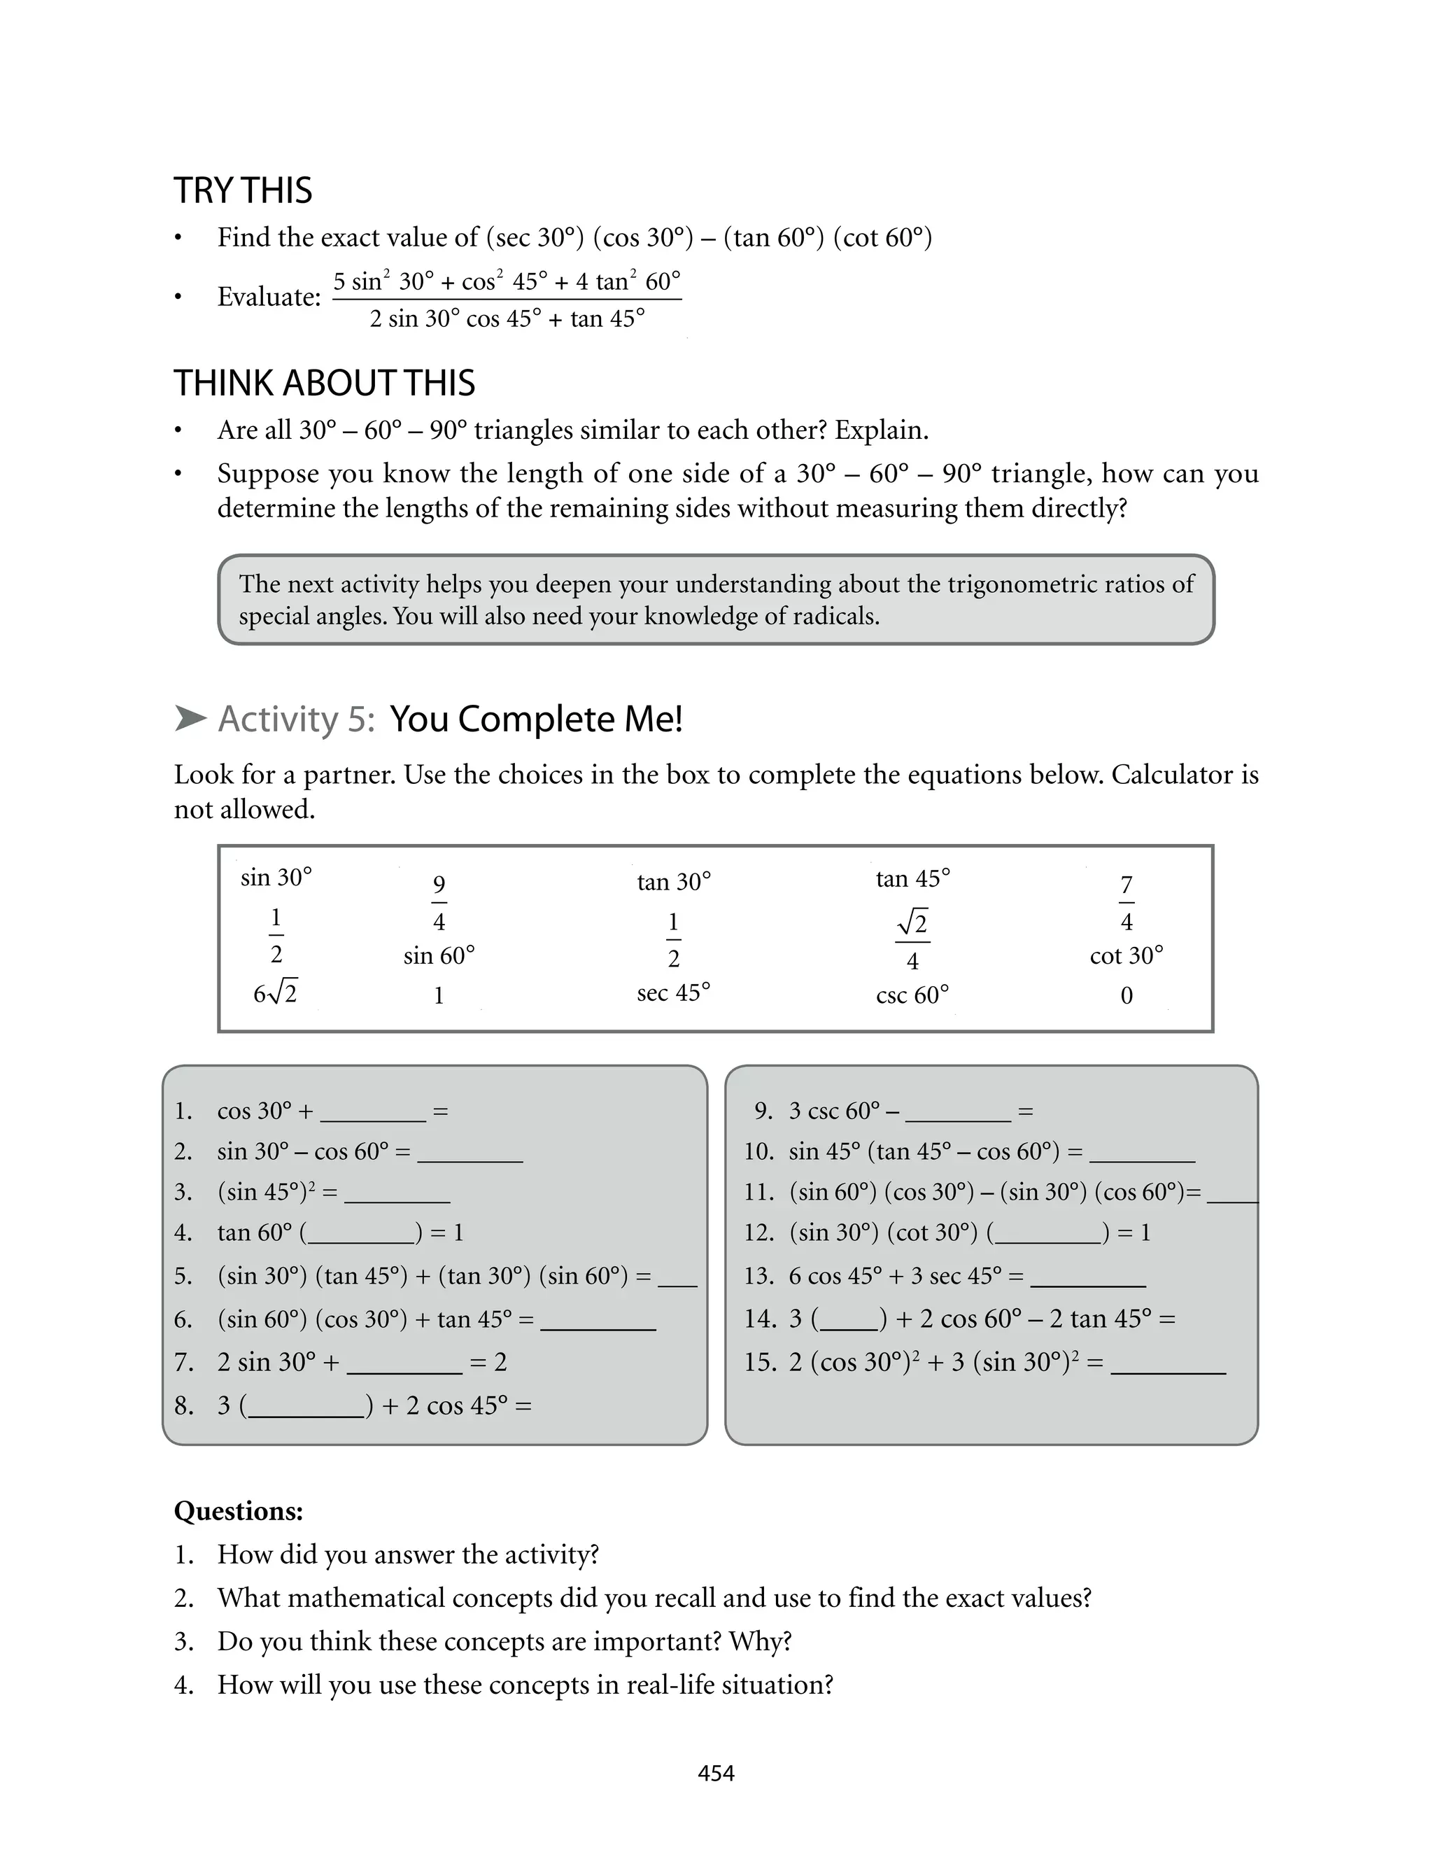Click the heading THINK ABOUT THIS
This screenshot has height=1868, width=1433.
[x=324, y=383]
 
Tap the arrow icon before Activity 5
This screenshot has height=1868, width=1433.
[x=190, y=718]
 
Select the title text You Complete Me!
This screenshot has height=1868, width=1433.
[x=536, y=719]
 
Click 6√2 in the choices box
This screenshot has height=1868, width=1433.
[x=275, y=994]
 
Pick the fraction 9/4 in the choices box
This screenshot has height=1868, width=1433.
[x=439, y=902]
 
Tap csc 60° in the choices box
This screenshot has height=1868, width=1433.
[x=912, y=995]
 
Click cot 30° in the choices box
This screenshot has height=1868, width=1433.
[x=1126, y=955]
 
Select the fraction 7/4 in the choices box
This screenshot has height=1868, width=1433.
[x=1126, y=902]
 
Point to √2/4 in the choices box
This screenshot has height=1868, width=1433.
[x=912, y=941]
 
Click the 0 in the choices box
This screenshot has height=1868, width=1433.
[x=1126, y=995]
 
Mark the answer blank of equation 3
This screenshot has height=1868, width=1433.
[x=397, y=1194]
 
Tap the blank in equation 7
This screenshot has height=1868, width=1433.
[x=404, y=1364]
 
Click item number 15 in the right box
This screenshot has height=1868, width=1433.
[x=758, y=1362]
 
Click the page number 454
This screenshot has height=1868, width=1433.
[x=716, y=1774]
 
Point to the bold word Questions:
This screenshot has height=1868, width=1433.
[x=238, y=1512]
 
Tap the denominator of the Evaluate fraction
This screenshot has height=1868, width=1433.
[x=507, y=319]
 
